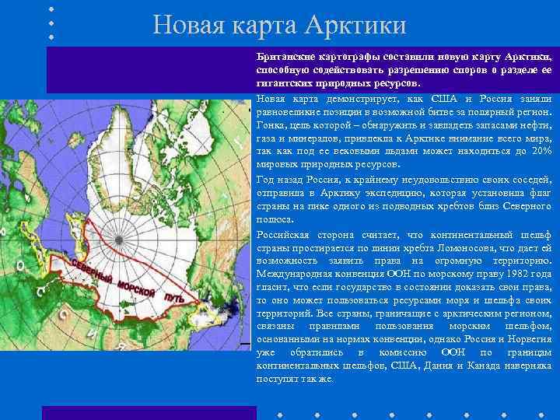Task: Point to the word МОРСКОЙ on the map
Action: pos(137,286)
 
